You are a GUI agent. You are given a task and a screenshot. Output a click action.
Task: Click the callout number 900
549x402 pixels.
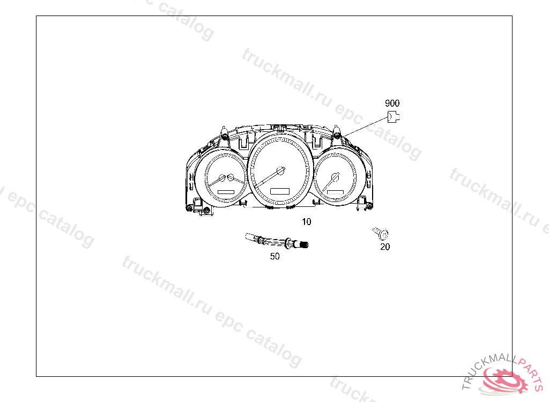pos(392,103)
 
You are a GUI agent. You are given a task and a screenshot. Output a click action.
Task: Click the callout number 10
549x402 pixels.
pos(306,222)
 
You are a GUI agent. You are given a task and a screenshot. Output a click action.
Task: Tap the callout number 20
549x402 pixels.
pos(385,247)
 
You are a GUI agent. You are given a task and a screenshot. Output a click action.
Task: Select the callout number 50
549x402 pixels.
pos(275,256)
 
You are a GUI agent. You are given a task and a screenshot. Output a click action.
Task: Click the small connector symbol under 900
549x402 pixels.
pos(394,117)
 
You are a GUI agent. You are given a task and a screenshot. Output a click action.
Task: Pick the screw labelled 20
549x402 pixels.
pos(381,233)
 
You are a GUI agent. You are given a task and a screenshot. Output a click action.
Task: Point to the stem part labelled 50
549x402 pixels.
pos(277,241)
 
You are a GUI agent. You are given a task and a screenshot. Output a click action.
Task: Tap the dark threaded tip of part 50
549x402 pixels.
pos(304,245)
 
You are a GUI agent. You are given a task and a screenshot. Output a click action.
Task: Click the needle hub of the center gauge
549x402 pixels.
pos(281,170)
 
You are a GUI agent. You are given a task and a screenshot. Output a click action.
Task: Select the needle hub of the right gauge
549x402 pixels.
pos(336,177)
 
